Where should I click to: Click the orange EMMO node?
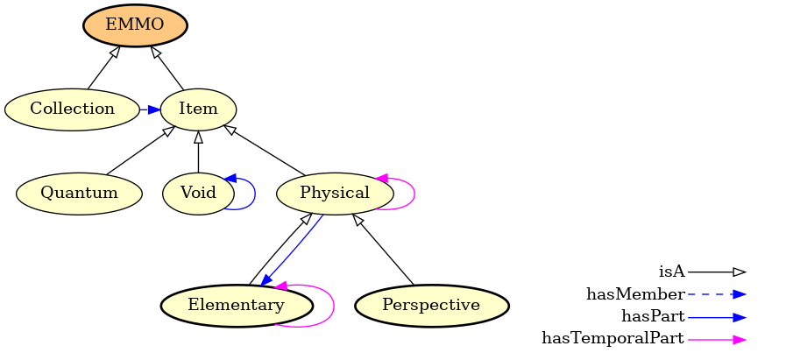135,25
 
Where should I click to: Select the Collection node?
72,109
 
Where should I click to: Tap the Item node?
198,109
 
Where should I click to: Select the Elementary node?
237,306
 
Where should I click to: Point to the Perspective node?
431,306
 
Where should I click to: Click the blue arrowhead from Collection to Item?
153,109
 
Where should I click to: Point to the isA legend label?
671,272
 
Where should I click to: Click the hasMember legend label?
635,294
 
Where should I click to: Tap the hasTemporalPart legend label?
613,339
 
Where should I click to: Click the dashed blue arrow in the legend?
716,294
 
